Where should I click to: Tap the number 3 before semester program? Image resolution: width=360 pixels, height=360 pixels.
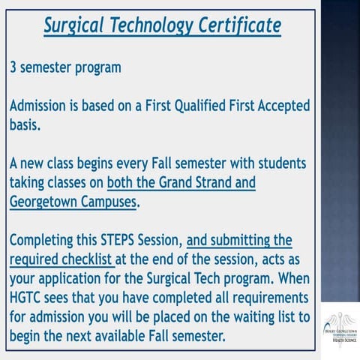[13, 67]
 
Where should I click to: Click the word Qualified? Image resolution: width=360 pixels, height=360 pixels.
[210, 106]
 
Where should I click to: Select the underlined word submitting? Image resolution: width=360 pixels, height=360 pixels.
[240, 241]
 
